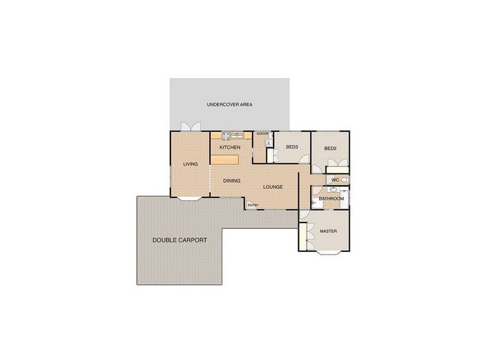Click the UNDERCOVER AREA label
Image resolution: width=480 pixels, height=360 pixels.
pyautogui.click(x=229, y=104)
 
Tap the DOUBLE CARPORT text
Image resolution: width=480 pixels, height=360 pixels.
pyautogui.click(x=179, y=240)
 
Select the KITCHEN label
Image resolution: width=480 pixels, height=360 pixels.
pyautogui.click(x=230, y=147)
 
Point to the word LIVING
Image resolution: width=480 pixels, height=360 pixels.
pyautogui.click(x=191, y=164)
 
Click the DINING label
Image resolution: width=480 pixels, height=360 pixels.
pyautogui.click(x=232, y=180)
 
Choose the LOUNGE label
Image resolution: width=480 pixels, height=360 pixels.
pyautogui.click(x=272, y=187)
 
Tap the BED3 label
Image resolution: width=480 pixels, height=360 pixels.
pyautogui.click(x=292, y=147)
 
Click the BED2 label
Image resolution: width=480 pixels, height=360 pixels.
pyautogui.click(x=330, y=148)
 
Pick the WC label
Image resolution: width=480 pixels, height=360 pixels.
pyautogui.click(x=335, y=179)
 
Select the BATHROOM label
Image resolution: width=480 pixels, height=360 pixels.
pyautogui.click(x=331, y=199)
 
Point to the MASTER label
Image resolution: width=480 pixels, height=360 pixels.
pyautogui.click(x=328, y=231)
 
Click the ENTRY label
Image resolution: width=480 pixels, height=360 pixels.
pyautogui.click(x=253, y=206)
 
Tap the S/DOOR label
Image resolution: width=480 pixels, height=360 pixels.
pyautogui.click(x=262, y=134)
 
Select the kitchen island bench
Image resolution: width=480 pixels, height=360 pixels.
pyautogui.click(x=224, y=159)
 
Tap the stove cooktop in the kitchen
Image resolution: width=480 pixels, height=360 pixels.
pyautogui.click(x=226, y=136)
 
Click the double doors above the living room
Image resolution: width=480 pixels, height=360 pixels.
pyautogui.click(x=191, y=128)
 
